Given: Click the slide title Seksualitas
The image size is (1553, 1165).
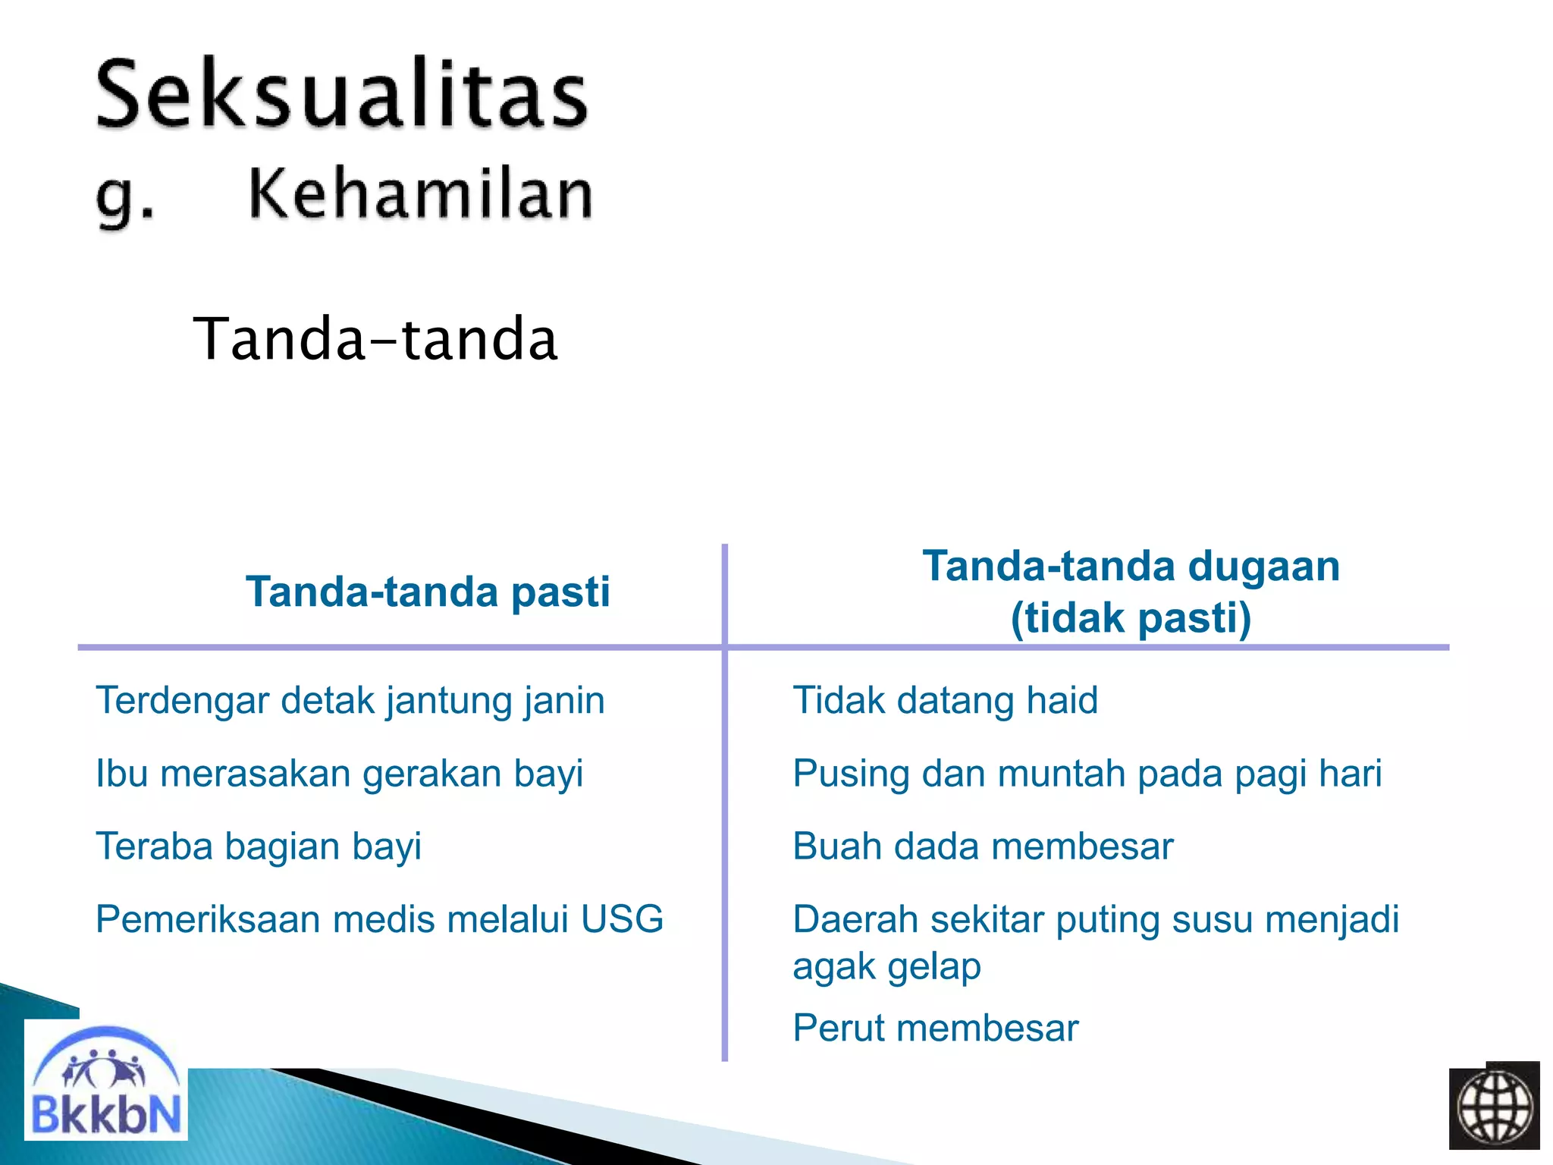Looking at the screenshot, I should tap(341, 95).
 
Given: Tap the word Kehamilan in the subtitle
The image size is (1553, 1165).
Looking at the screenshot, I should tap(420, 194).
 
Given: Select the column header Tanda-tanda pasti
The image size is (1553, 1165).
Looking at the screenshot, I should tap(428, 592).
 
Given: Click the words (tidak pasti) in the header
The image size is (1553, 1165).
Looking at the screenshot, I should tap(1131, 617).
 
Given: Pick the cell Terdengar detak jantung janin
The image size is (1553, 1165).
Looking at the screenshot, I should tap(350, 700).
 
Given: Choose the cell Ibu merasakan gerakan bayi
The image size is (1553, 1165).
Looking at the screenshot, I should tap(339, 774).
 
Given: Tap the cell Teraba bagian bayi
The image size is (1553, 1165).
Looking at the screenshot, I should tap(258, 846).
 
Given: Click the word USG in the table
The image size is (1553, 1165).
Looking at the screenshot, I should tap(622, 919).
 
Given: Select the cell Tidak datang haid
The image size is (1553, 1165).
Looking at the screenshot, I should tap(945, 700).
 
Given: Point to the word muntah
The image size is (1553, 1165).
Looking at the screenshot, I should tap(1062, 774).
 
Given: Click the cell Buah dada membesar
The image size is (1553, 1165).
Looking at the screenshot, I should tap(983, 846).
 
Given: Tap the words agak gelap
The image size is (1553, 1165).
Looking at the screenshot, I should tap(886, 967).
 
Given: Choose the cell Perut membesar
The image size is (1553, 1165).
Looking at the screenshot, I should tap(935, 1028).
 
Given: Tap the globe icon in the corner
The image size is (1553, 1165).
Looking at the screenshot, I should tap(1494, 1107).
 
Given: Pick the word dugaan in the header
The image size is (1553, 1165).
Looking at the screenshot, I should tap(1263, 567).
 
